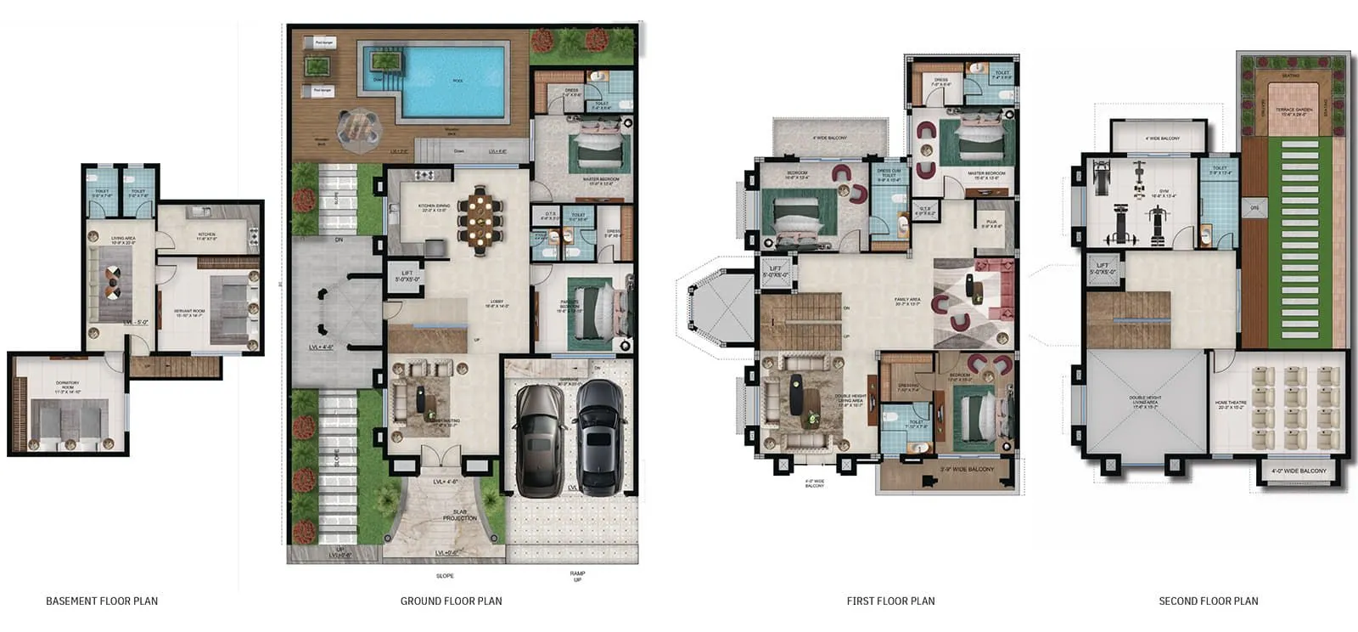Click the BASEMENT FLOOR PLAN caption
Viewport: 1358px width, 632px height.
102,601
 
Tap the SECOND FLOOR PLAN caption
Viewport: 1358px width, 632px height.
1208,601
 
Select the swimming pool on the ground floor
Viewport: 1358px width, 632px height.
454,81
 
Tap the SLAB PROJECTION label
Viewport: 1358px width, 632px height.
459,515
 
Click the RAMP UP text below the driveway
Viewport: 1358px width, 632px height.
577,577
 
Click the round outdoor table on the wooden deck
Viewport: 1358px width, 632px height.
360,128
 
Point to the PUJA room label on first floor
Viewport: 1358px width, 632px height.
991,225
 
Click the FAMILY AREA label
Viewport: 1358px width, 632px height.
907,301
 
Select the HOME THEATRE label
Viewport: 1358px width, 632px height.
1229,404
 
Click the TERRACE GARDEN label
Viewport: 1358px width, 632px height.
1293,110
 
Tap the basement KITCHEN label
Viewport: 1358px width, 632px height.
206,234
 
